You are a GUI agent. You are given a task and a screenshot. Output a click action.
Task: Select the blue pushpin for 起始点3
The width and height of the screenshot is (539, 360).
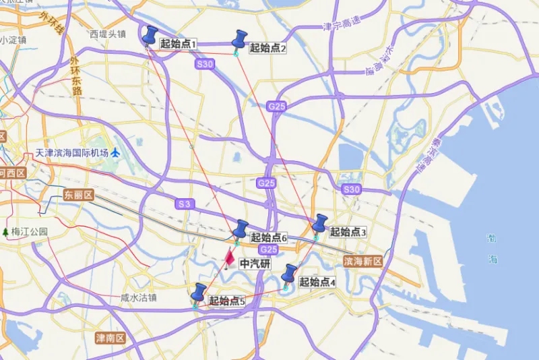pyautogui.click(x=319, y=224)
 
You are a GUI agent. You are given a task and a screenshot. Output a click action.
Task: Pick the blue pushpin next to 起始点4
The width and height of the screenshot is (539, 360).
pyautogui.click(x=290, y=274)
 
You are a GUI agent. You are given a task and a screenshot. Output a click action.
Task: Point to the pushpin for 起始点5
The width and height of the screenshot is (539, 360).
pyautogui.click(x=199, y=293)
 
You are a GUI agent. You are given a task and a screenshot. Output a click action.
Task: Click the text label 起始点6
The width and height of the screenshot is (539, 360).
pyautogui.click(x=269, y=237)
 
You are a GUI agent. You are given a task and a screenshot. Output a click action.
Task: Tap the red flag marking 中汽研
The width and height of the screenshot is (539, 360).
pyautogui.click(x=230, y=258)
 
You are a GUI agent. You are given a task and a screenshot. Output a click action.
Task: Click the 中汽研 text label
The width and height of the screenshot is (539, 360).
pyautogui.click(x=255, y=264)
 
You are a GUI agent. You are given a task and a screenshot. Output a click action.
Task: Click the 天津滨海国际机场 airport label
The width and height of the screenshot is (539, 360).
pyautogui.click(x=73, y=153)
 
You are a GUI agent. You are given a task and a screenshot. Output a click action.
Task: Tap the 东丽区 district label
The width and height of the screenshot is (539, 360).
pyautogui.click(x=78, y=195)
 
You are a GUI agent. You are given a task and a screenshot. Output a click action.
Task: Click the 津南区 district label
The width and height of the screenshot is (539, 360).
pyautogui.click(x=110, y=337)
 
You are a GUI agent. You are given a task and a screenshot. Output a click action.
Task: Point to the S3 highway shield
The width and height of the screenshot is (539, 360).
pyautogui.click(x=185, y=204)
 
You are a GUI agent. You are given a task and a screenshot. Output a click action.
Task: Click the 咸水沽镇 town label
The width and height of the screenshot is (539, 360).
pyautogui.click(x=138, y=297)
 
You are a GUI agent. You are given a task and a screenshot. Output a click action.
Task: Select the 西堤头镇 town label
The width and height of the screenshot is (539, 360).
pyautogui.click(x=108, y=33)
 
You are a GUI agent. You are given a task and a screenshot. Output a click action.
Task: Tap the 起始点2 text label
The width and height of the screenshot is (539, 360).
pyautogui.click(x=268, y=48)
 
